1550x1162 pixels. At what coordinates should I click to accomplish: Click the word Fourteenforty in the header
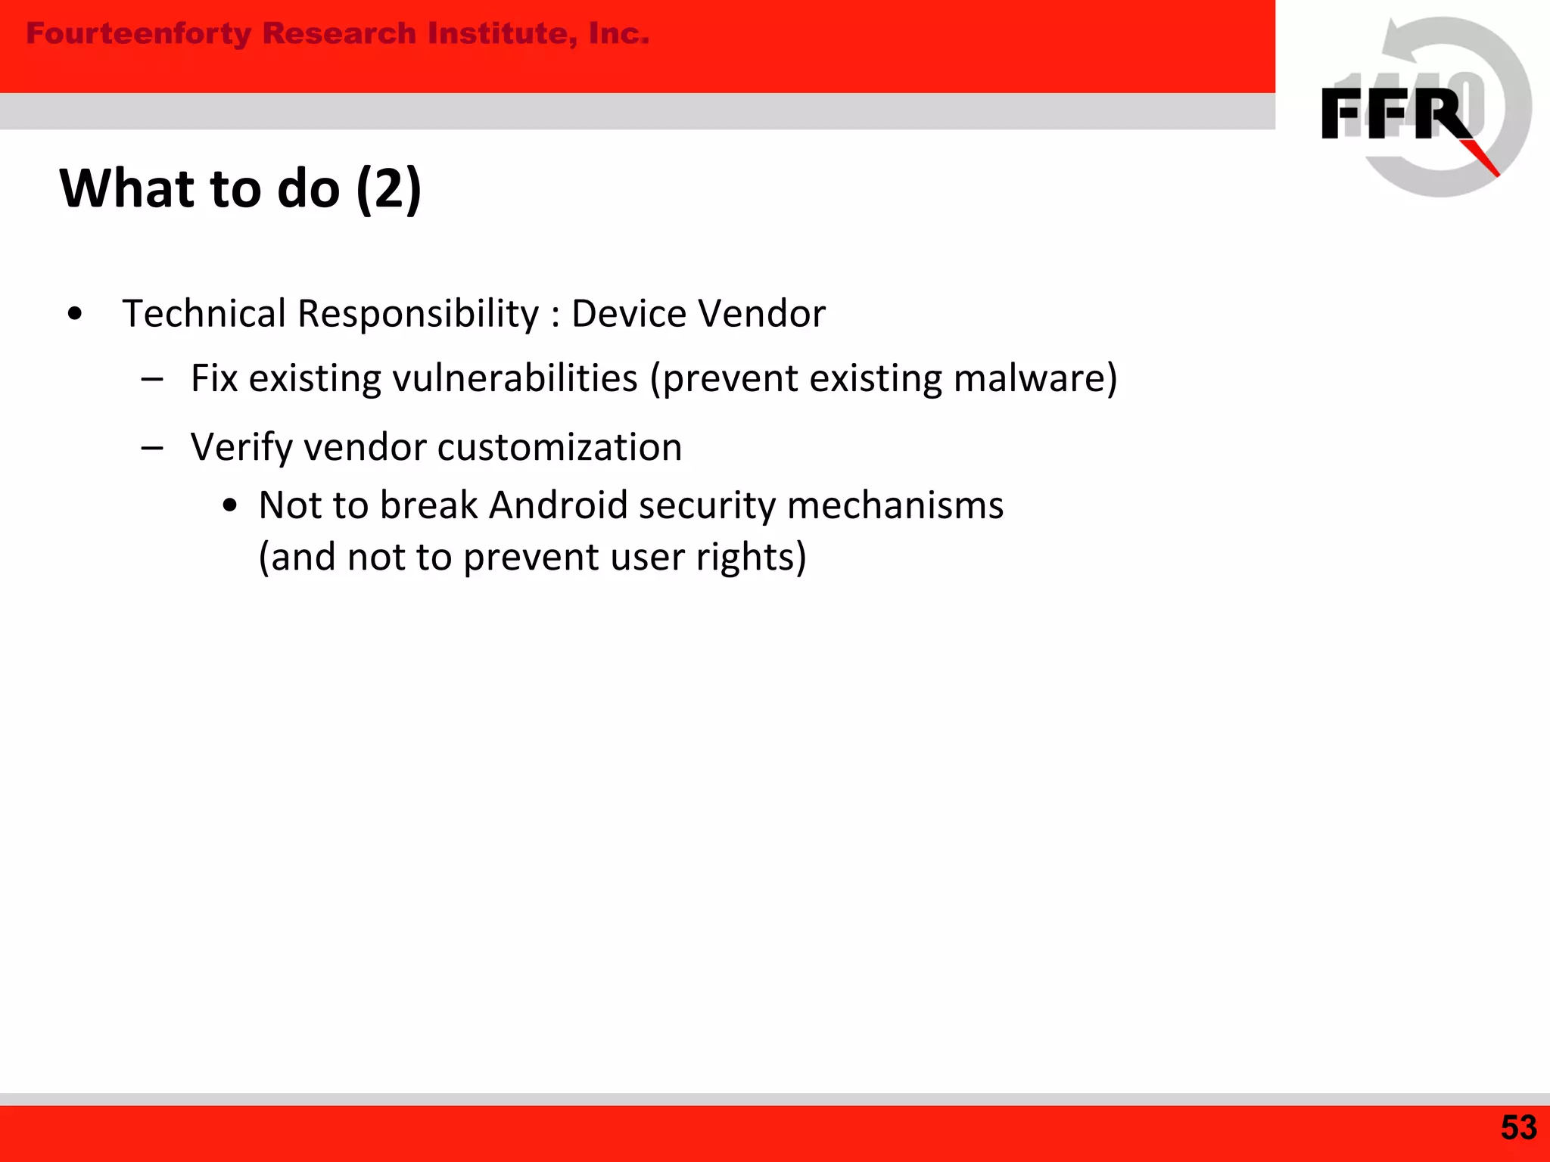point(139,34)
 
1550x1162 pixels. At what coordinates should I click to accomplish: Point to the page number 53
point(1518,1128)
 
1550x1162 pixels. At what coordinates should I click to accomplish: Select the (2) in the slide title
point(388,188)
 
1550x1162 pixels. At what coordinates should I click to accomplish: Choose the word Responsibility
point(418,313)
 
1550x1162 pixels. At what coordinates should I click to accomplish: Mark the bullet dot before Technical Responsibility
point(74,315)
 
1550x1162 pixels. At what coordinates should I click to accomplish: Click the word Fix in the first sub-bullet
point(214,378)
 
